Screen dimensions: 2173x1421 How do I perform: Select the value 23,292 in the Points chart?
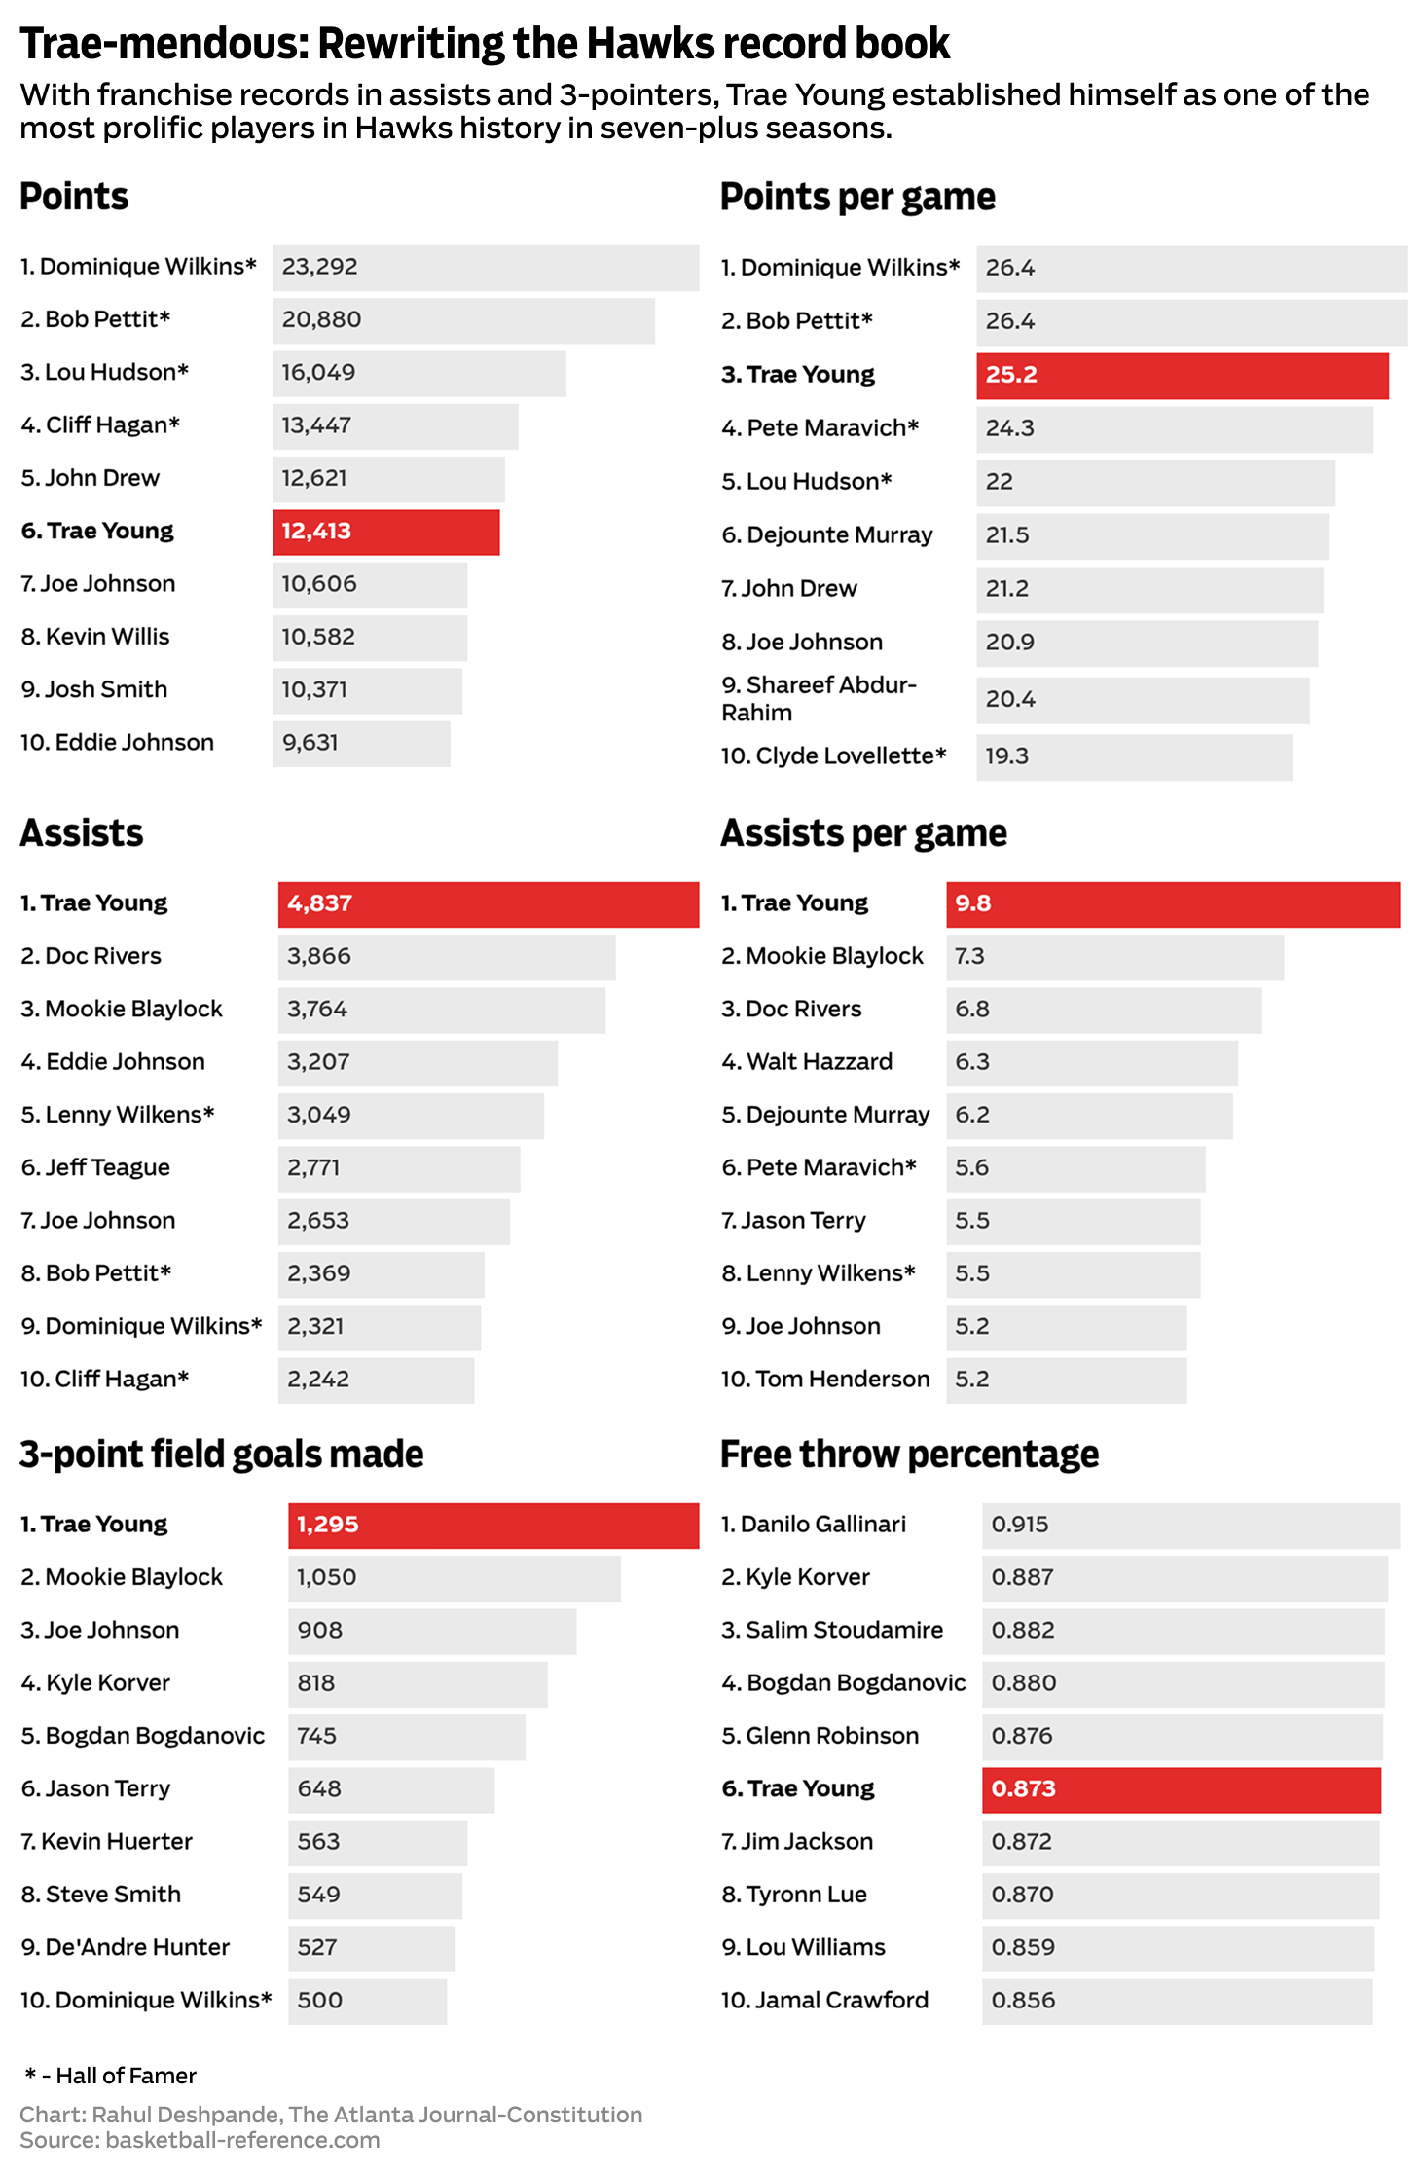coord(320,267)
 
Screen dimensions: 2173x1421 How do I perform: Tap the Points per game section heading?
coord(857,198)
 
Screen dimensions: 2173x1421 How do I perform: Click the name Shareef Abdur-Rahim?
coord(819,698)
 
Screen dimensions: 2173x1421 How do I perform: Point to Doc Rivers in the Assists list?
coord(103,956)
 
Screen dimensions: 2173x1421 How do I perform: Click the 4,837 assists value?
coord(320,903)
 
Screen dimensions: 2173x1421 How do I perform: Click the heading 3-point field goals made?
coord(222,1455)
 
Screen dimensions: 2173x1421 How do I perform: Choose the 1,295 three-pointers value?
coord(328,1525)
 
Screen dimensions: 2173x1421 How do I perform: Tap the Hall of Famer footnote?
coord(112,2076)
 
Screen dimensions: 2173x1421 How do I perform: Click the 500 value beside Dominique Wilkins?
coord(320,2000)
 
